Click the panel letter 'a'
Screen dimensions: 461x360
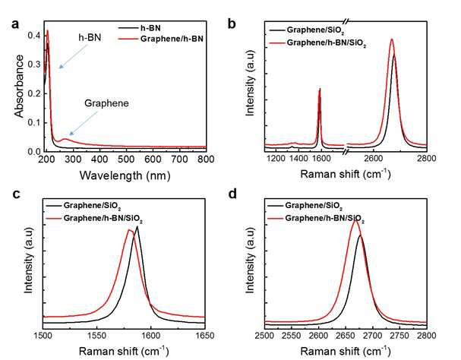click(15, 24)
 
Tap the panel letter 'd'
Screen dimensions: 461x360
click(232, 194)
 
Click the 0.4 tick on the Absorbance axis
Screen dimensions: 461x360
click(34, 36)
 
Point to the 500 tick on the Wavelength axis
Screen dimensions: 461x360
click(126, 159)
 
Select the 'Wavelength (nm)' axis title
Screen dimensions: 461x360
click(125, 175)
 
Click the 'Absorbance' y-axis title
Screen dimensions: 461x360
click(20, 86)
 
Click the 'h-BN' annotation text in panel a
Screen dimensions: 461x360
click(90, 37)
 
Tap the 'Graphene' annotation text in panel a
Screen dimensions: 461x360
click(106, 103)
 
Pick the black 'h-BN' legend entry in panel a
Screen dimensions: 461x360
click(140, 28)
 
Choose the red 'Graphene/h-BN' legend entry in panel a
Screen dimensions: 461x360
click(160, 39)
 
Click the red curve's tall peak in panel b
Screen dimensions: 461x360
click(392, 39)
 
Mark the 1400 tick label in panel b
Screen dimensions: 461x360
click(298, 159)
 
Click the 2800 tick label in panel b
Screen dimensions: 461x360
click(427, 159)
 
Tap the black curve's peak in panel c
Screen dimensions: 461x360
click(137, 227)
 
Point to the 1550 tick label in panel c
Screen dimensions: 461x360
click(97, 336)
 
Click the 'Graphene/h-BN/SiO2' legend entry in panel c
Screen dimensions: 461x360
click(95, 219)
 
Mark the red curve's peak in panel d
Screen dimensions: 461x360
click(355, 220)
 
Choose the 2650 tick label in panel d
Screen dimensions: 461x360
click(346, 336)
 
